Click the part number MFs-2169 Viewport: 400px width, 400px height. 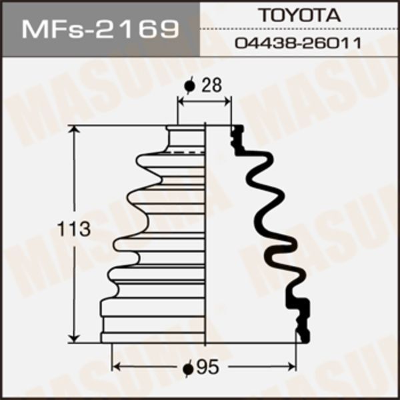pos(100,29)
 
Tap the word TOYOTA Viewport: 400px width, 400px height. pos(300,15)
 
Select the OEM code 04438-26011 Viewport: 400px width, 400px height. pos(298,43)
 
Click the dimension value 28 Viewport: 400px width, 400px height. pos(211,85)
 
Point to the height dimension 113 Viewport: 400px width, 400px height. pos(74,229)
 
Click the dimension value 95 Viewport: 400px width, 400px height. pos(208,367)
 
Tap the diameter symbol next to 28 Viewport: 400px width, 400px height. pos(189,85)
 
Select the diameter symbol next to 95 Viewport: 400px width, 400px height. pos(188,368)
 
